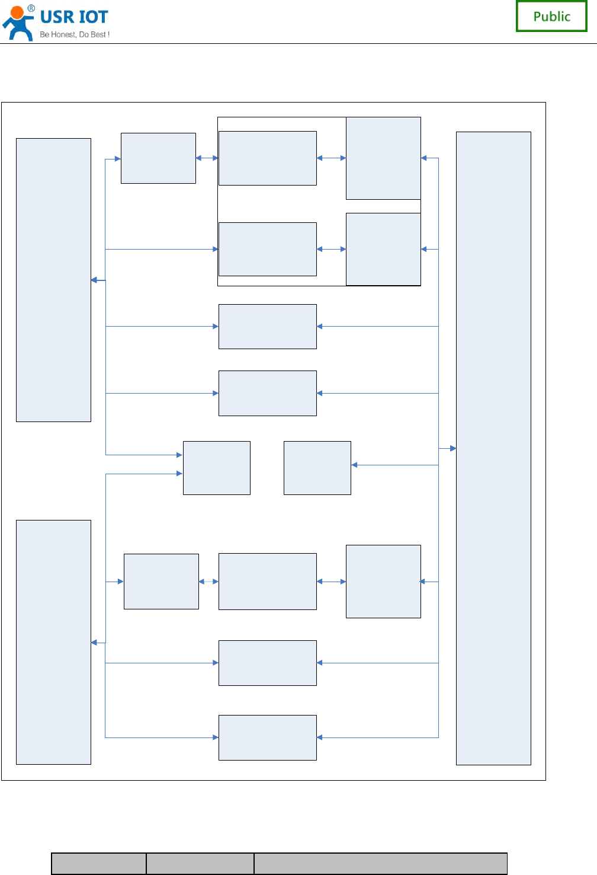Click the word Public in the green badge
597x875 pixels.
[551, 17]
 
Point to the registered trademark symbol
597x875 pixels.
[31, 8]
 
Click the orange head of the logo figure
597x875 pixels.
[18, 12]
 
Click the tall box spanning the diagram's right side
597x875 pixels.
[493, 448]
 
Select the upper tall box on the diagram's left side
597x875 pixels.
[53, 280]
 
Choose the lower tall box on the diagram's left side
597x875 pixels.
[53, 642]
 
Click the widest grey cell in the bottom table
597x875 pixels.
[380, 863]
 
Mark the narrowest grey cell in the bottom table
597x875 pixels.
[99, 863]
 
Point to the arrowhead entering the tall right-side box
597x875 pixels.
[453, 448]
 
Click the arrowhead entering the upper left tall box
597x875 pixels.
[94, 280]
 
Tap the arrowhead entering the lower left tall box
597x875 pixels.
[94, 643]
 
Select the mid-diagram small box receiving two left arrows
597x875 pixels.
[217, 468]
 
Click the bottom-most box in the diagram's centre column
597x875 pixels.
[268, 737]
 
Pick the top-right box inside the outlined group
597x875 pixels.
[383, 158]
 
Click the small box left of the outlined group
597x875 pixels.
[158, 158]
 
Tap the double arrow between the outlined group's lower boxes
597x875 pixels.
[331, 249]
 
